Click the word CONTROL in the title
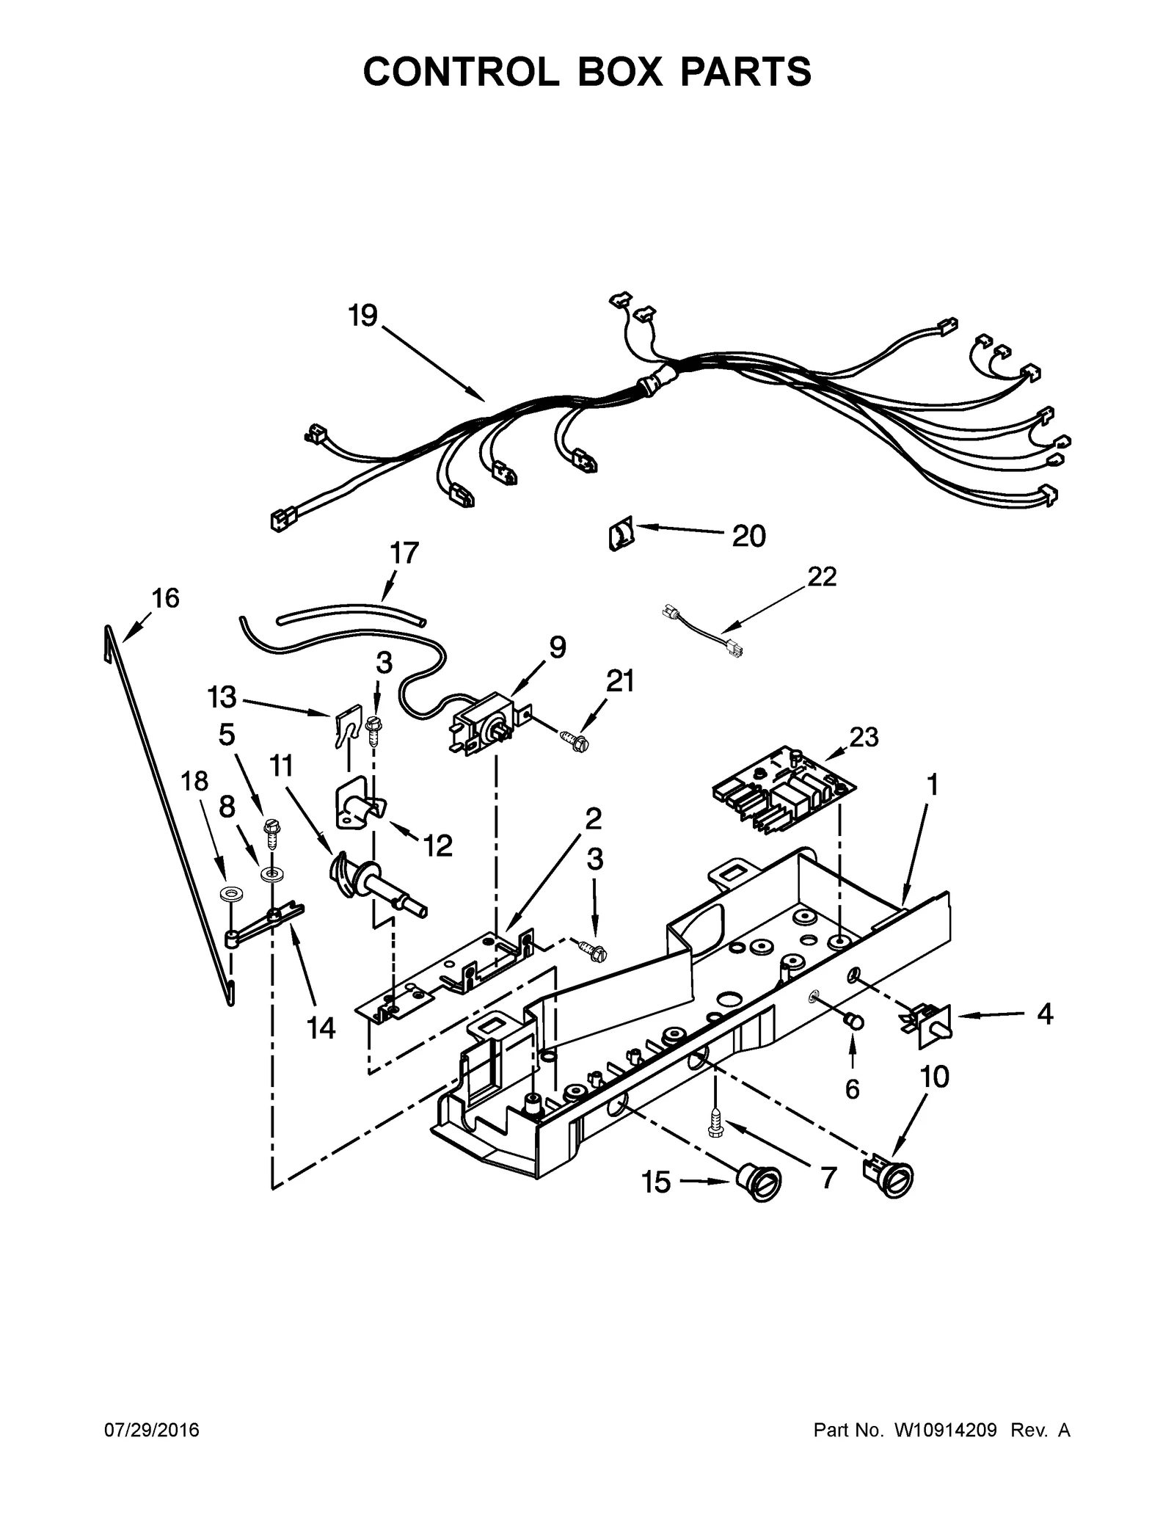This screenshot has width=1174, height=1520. click(x=460, y=72)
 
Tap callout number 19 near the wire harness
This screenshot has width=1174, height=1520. click(x=362, y=316)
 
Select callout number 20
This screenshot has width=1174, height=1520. click(x=748, y=537)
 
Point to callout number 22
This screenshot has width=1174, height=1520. click(x=822, y=577)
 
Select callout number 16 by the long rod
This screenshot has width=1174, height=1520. click(x=165, y=598)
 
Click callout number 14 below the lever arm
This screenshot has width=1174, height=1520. click(x=321, y=1028)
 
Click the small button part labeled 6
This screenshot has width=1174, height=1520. click(x=854, y=1021)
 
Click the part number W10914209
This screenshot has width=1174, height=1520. click(x=945, y=1430)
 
